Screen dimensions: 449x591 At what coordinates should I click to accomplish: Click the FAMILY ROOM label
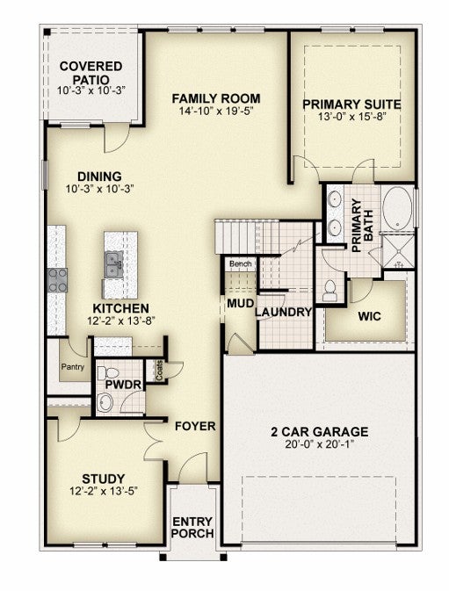click(216, 98)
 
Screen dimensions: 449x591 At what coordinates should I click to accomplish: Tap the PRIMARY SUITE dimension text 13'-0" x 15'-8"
click(352, 117)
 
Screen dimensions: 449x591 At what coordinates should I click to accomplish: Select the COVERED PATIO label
click(91, 73)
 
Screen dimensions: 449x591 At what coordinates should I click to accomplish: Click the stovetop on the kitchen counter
click(57, 280)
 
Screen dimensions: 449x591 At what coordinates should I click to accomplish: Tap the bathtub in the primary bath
click(397, 208)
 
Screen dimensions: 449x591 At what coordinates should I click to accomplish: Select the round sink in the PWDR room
click(105, 402)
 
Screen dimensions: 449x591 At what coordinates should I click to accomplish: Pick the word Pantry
click(73, 367)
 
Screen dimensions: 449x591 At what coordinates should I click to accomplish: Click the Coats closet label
click(159, 370)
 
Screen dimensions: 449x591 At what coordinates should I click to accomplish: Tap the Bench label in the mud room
click(240, 263)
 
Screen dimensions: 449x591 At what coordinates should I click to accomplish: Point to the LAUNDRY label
click(284, 312)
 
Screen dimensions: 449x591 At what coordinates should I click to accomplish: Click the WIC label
click(369, 316)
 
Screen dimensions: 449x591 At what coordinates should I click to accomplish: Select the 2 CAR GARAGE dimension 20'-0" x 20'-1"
click(320, 444)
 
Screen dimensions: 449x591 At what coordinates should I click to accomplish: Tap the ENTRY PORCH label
click(193, 528)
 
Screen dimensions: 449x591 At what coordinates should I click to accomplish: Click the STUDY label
click(104, 479)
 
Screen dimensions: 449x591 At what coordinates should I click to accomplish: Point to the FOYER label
click(195, 426)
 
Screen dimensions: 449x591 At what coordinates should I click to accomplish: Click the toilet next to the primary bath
click(330, 291)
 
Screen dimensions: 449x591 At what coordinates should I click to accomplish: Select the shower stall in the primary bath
click(398, 249)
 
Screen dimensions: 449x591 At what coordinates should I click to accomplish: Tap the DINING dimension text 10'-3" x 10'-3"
click(100, 189)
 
